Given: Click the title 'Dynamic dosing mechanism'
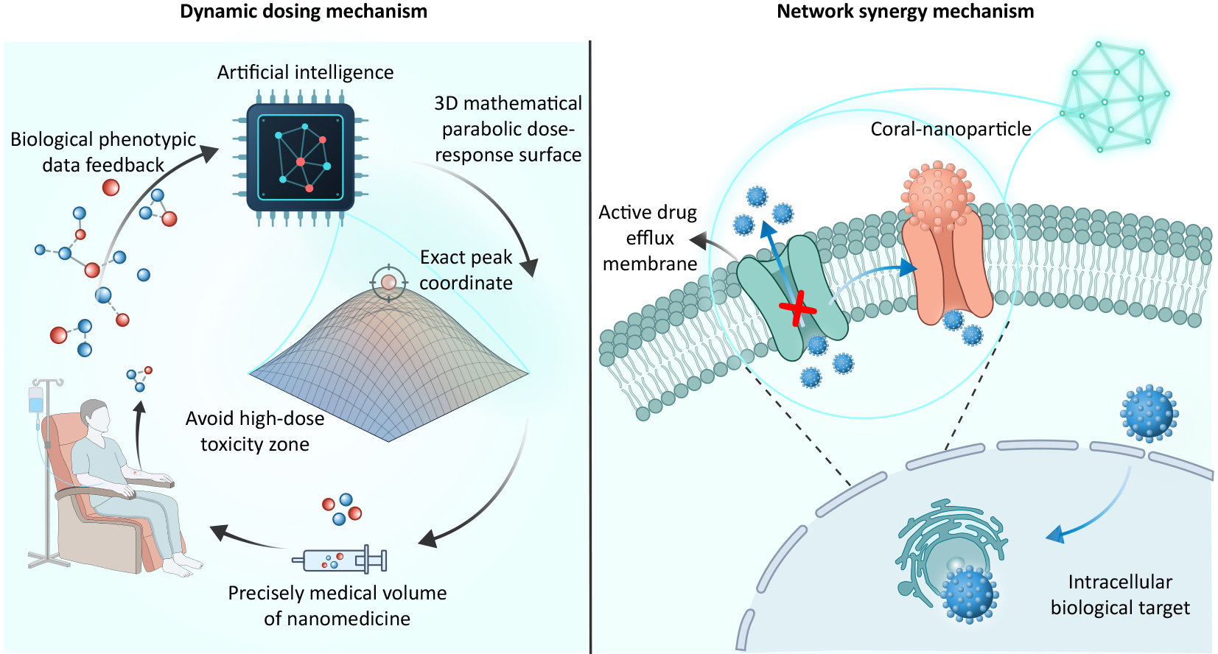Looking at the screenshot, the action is [x=304, y=12].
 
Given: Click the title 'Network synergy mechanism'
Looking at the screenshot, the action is [x=906, y=12].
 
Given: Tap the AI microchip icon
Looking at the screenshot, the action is [x=301, y=158].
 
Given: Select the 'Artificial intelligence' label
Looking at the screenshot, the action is [x=305, y=72].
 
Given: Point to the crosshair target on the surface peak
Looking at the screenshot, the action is [x=388, y=283].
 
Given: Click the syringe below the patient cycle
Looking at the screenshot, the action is [x=340, y=560].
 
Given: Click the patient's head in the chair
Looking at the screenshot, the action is [x=96, y=418].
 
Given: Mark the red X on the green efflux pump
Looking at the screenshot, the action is [x=798, y=309].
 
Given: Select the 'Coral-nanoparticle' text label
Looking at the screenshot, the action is [x=951, y=129].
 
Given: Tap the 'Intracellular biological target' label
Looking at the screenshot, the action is [x=1120, y=594].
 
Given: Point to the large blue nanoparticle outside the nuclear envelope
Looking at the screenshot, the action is [x=1149, y=412].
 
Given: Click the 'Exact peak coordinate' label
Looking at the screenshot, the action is [x=466, y=270].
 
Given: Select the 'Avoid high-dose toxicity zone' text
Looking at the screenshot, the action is [x=255, y=431].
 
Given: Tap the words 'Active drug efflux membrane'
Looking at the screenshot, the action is [x=648, y=238].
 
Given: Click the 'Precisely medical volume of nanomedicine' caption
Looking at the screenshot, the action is [x=337, y=605].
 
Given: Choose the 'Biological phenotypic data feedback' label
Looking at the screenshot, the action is [x=103, y=152].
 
